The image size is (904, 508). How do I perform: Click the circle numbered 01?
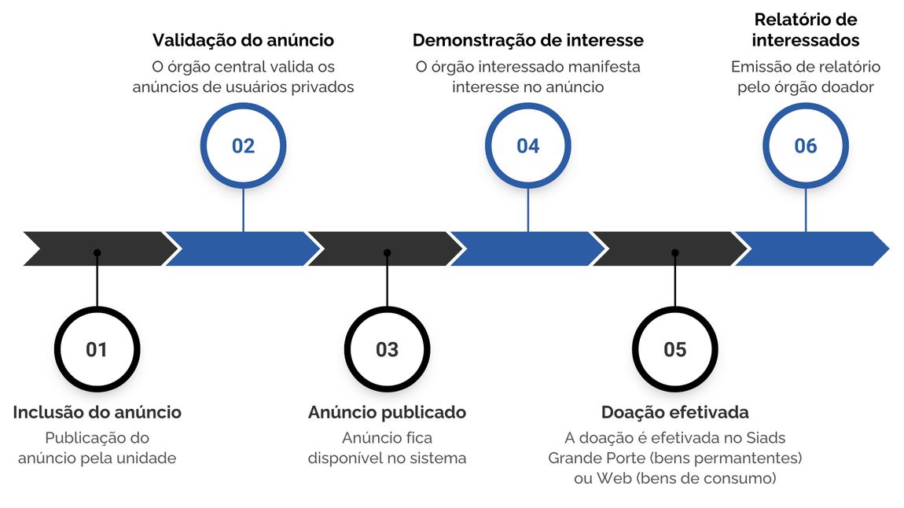pyautogui.click(x=97, y=349)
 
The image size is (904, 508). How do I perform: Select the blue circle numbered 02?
pyautogui.click(x=243, y=146)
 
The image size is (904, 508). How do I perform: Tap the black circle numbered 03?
pyautogui.click(x=387, y=349)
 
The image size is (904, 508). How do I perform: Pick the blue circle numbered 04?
pyautogui.click(x=527, y=146)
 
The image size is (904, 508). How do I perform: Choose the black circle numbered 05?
pyautogui.click(x=674, y=349)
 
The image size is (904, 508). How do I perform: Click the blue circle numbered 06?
pyautogui.click(x=805, y=146)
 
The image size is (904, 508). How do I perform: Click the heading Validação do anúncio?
pyautogui.click(x=243, y=40)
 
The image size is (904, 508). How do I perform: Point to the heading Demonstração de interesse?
pyautogui.click(x=527, y=40)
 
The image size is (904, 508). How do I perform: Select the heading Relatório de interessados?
pyautogui.click(x=805, y=30)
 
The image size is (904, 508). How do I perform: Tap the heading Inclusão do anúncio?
pyautogui.click(x=97, y=412)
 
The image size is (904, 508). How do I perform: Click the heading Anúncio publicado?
pyautogui.click(x=387, y=412)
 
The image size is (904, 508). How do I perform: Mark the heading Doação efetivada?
pyautogui.click(x=674, y=412)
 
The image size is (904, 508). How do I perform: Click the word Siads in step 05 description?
pyautogui.click(x=766, y=437)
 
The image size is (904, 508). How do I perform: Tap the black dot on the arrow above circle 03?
pyautogui.click(x=387, y=253)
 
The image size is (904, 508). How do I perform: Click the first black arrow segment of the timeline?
pyautogui.click(x=98, y=248)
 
